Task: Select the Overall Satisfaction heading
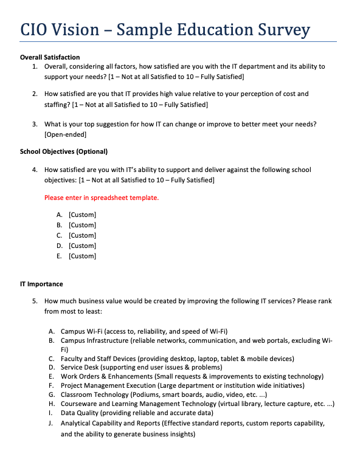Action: click(50, 57)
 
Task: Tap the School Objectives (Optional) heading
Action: click(64, 151)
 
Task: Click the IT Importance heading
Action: click(41, 284)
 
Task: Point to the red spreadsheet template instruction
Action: click(102, 198)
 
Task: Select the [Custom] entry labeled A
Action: click(82, 215)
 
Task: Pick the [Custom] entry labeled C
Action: click(82, 235)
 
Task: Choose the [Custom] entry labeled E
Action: click(82, 256)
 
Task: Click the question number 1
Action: click(35, 66)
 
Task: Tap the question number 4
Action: click(35, 170)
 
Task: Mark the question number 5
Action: click(35, 301)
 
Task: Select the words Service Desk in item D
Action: click(79, 368)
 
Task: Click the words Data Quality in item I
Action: click(78, 413)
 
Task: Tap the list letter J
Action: click(51, 422)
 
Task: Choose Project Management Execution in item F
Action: click(108, 385)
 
